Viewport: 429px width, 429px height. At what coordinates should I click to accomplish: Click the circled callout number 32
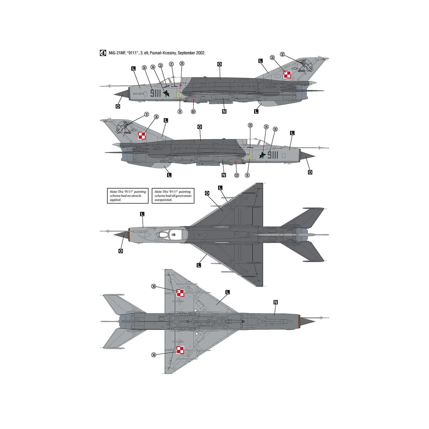point(282,54)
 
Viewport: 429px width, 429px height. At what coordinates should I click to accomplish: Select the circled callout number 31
point(146,114)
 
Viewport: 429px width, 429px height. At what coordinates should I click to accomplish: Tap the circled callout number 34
point(153,67)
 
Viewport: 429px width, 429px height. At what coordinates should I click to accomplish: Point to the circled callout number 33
point(161,65)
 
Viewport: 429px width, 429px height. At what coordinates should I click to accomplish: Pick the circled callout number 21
point(172,64)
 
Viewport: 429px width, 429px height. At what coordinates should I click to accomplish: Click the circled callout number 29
point(182,64)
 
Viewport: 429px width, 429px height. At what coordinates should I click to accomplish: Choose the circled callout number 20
point(250,125)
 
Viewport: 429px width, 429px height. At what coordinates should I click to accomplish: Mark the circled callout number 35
point(266,127)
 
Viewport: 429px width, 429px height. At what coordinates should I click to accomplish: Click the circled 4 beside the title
point(103,53)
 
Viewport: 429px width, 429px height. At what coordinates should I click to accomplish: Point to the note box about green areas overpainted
point(173,196)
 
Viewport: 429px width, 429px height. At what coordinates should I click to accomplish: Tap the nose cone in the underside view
point(307,321)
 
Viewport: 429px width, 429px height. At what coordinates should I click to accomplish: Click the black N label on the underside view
point(276,302)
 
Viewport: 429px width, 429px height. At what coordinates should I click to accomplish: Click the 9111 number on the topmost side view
point(155,94)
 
